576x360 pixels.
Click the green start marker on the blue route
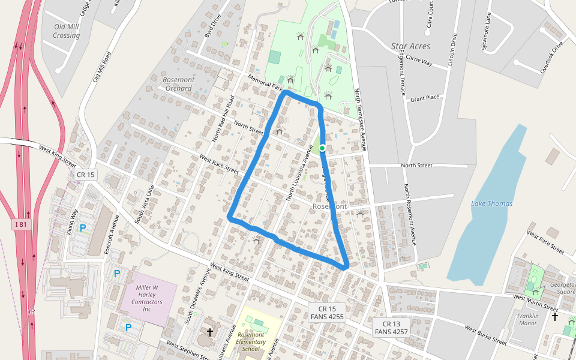322,148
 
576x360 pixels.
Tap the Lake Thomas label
491,203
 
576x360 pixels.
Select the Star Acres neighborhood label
410,46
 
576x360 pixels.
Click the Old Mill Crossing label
67,31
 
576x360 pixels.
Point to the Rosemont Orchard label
179,84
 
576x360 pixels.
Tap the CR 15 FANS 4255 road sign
327,312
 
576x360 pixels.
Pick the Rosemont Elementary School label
251,342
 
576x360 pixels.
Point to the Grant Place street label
425,97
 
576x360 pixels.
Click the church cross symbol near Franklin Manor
555,316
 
